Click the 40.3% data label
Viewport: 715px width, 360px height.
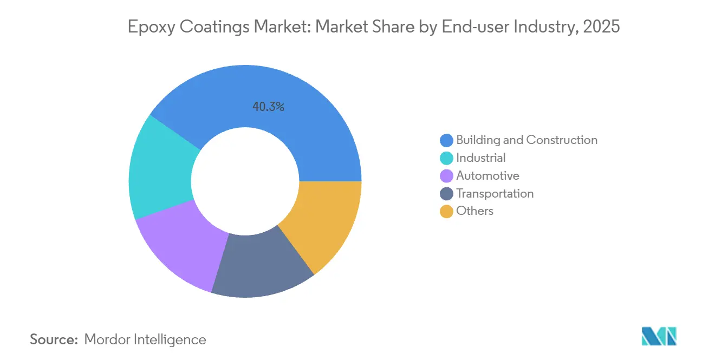click(268, 107)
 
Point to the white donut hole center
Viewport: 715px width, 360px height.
click(245, 181)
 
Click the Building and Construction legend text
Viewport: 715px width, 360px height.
click(526, 140)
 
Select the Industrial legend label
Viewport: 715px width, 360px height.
click(480, 158)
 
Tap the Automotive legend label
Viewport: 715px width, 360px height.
click(487, 176)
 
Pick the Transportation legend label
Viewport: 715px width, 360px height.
click(495, 194)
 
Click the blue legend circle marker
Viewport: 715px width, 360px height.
click(446, 141)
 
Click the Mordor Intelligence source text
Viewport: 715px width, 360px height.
click(145, 340)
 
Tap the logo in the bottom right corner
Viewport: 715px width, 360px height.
click(659, 336)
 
